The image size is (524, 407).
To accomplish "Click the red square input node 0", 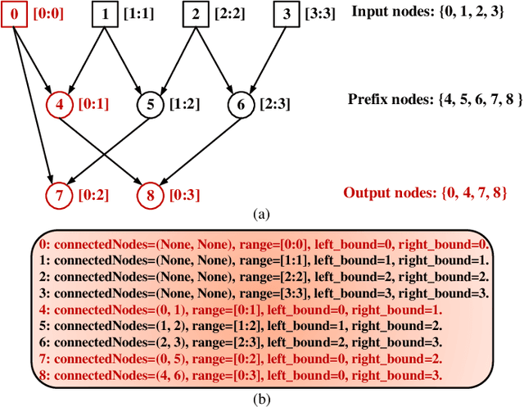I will [x=13, y=14].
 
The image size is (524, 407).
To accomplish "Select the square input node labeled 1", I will [x=103, y=14].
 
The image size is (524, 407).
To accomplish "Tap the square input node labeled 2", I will [x=195, y=14].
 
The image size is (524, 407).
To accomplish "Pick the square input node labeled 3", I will [x=285, y=14].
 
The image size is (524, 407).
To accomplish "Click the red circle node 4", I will [x=58, y=104].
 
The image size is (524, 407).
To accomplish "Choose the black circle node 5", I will [x=149, y=104].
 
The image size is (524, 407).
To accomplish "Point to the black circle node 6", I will [x=240, y=104].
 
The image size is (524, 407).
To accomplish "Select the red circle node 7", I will [x=58, y=195].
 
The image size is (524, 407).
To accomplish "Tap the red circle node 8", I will [x=149, y=195].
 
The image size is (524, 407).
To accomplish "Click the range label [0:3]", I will [x=183, y=195].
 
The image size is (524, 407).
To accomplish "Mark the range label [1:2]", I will [x=184, y=104].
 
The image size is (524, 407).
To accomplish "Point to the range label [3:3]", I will [x=320, y=14].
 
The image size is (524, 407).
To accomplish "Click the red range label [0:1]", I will [x=93, y=104].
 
